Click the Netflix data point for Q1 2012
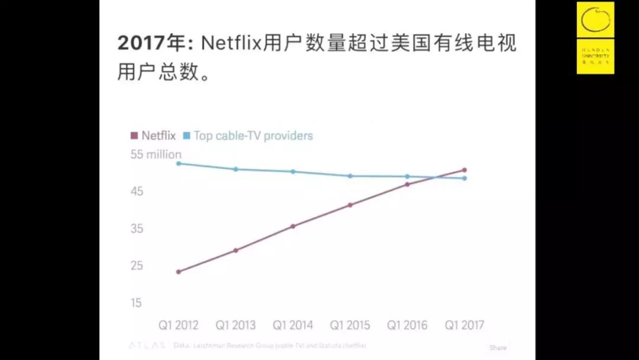tap(178, 272)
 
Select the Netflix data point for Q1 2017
tap(464, 171)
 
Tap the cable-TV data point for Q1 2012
tap(178, 163)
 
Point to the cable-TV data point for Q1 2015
tap(350, 176)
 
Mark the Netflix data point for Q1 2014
tap(293, 226)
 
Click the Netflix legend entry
tap(153, 136)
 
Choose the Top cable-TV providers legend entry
tap(248, 136)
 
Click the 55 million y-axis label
tap(156, 155)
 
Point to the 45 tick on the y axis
tap(137, 191)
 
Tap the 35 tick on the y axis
tap(137, 229)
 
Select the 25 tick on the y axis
tap(137, 265)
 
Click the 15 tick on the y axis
tap(137, 303)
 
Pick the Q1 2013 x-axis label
tap(235, 325)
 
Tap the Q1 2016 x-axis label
tap(407, 325)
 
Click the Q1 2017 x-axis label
tap(464, 325)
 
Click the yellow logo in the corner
tap(595, 37)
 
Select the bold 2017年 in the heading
tap(151, 43)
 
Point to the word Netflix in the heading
tap(231, 43)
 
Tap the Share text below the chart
tap(498, 348)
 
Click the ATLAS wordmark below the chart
tap(147, 345)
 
